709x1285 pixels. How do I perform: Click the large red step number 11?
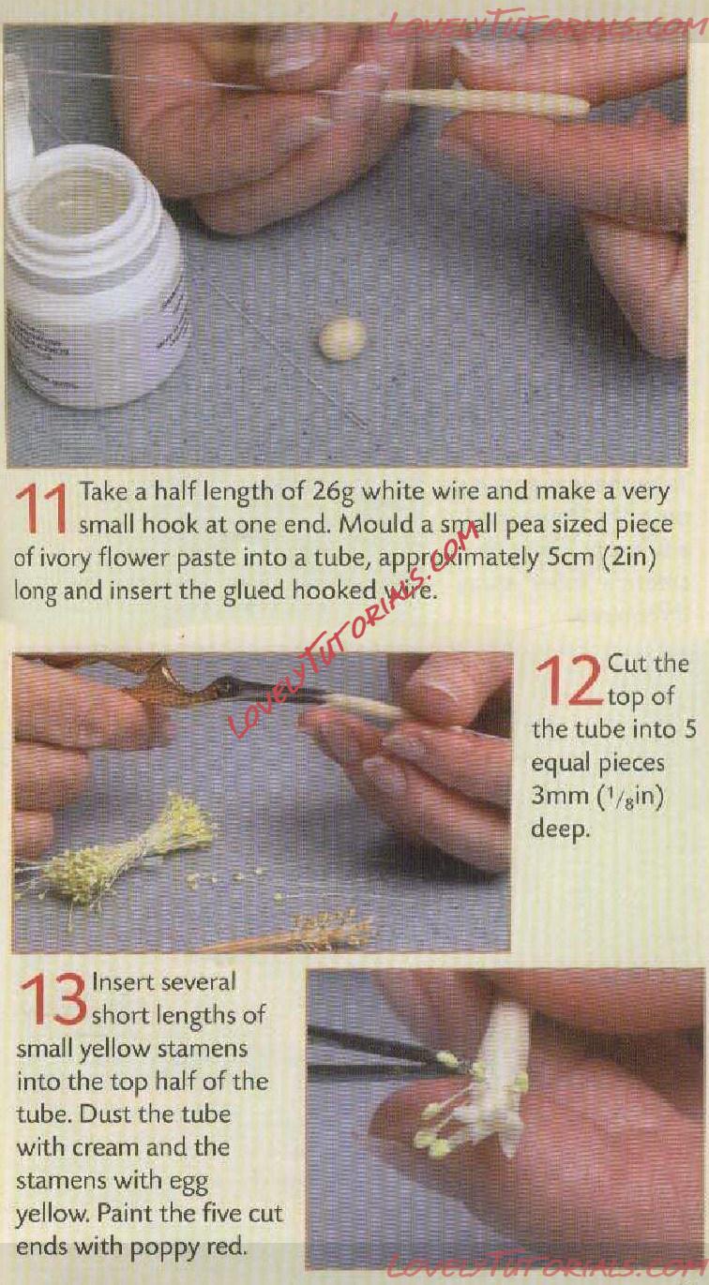[x=43, y=509]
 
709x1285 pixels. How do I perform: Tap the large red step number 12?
[x=569, y=680]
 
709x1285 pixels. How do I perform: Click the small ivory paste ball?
[x=342, y=339]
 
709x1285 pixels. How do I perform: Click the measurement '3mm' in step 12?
[x=551, y=797]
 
